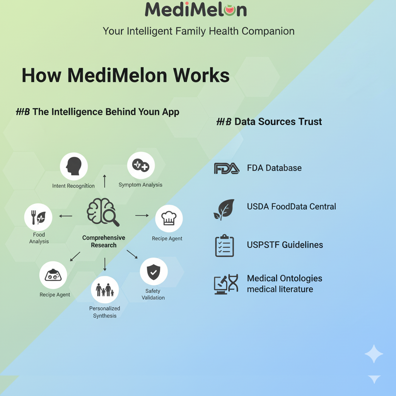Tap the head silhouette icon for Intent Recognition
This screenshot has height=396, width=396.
coord(73,166)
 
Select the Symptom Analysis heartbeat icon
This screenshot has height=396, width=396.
coord(141,165)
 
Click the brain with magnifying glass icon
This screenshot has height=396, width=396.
coord(103,212)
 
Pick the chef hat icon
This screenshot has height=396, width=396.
coord(169,218)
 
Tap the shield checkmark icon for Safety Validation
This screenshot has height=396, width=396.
coord(154,271)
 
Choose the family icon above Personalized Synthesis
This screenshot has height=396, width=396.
coord(105,290)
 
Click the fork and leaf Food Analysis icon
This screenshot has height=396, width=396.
coord(38,217)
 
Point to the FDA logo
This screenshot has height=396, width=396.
coord(226,168)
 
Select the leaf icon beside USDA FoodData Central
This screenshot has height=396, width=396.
coord(224,209)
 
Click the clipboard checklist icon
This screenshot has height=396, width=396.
coord(224,246)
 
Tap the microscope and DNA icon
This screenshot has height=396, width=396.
coord(226,284)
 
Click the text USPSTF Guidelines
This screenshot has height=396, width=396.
coord(285,245)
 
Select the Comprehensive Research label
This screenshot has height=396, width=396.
coord(104,241)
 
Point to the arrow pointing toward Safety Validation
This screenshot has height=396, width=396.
coord(132,254)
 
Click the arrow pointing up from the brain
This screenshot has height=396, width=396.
coord(104,181)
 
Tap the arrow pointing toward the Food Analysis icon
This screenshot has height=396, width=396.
coord(65,216)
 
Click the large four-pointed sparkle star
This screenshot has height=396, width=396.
coord(374,354)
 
